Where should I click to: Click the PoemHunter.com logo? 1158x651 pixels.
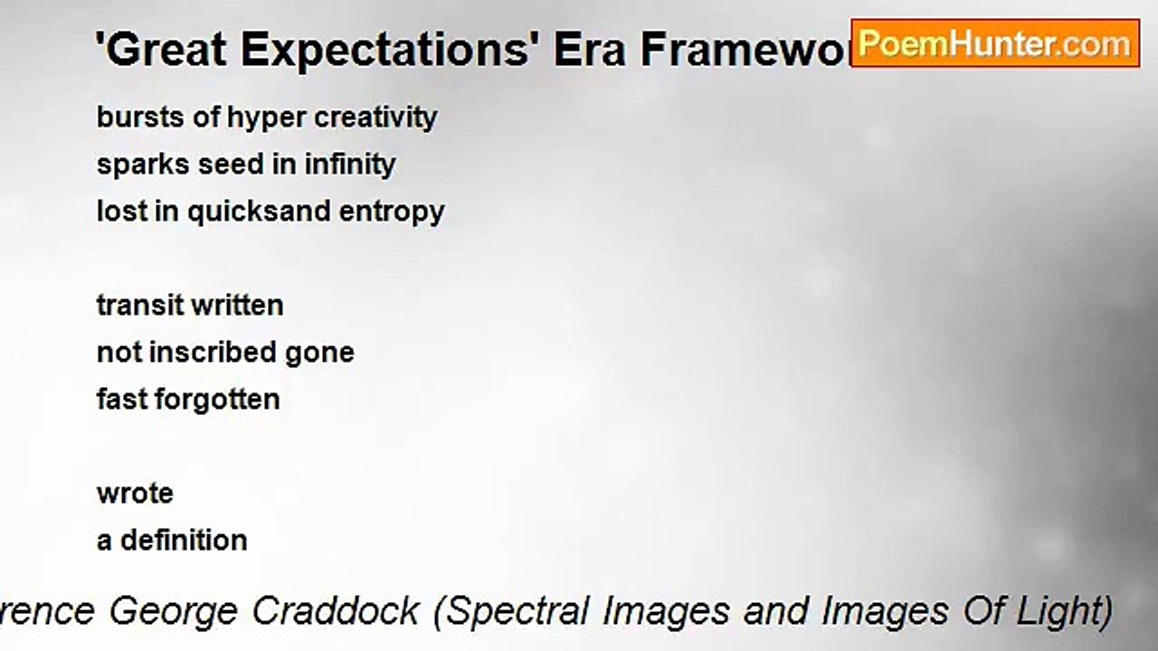[x=995, y=43]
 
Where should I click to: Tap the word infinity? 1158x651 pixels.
[x=350, y=165]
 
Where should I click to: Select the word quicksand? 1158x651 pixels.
[x=259, y=212]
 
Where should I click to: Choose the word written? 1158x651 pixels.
[x=242, y=306]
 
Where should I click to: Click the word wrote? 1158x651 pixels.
[x=135, y=494]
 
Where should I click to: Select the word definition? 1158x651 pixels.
[x=184, y=541]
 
